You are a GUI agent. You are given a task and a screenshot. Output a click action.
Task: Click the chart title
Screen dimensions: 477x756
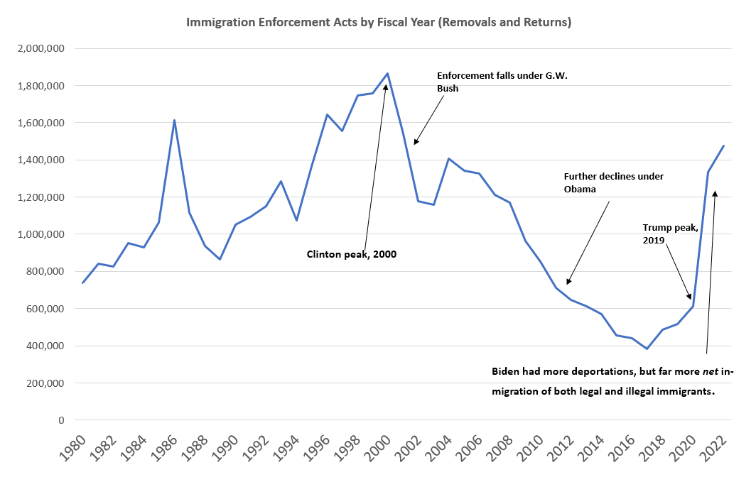point(379,23)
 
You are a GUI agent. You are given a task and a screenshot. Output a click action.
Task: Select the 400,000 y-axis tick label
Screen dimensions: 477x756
point(45,346)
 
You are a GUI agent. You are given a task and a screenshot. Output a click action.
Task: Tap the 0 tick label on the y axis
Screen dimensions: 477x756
point(63,420)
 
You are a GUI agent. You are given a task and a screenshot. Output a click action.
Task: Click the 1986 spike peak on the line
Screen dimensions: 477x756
point(175,120)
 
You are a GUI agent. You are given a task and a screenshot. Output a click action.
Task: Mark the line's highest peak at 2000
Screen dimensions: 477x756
point(387,73)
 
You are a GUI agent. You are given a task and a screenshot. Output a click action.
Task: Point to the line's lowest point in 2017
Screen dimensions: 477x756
point(647,349)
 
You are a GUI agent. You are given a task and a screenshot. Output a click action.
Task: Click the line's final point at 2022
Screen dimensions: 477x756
point(723,146)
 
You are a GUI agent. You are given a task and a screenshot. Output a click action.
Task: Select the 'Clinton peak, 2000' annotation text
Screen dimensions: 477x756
point(351,253)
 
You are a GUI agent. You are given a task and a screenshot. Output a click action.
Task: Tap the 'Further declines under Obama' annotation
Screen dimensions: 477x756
point(613,182)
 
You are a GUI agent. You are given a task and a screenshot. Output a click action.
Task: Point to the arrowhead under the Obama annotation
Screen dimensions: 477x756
point(568,282)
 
